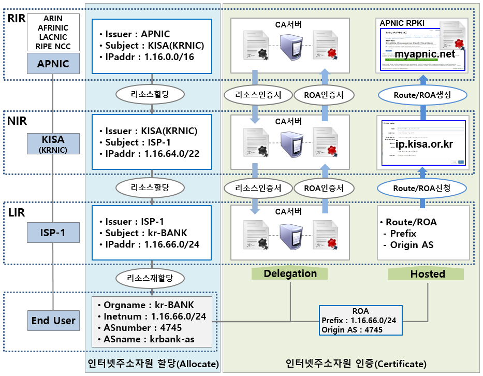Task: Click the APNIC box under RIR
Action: [53, 64]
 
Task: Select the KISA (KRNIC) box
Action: [53, 144]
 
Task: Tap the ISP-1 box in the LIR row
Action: [53, 233]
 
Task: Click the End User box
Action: [53, 321]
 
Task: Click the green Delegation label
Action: [290, 274]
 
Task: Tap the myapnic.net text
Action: [425, 54]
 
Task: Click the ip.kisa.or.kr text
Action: [424, 144]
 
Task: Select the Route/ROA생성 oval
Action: [422, 95]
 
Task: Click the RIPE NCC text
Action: [53, 46]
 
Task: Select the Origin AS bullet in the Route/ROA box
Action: [412, 245]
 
